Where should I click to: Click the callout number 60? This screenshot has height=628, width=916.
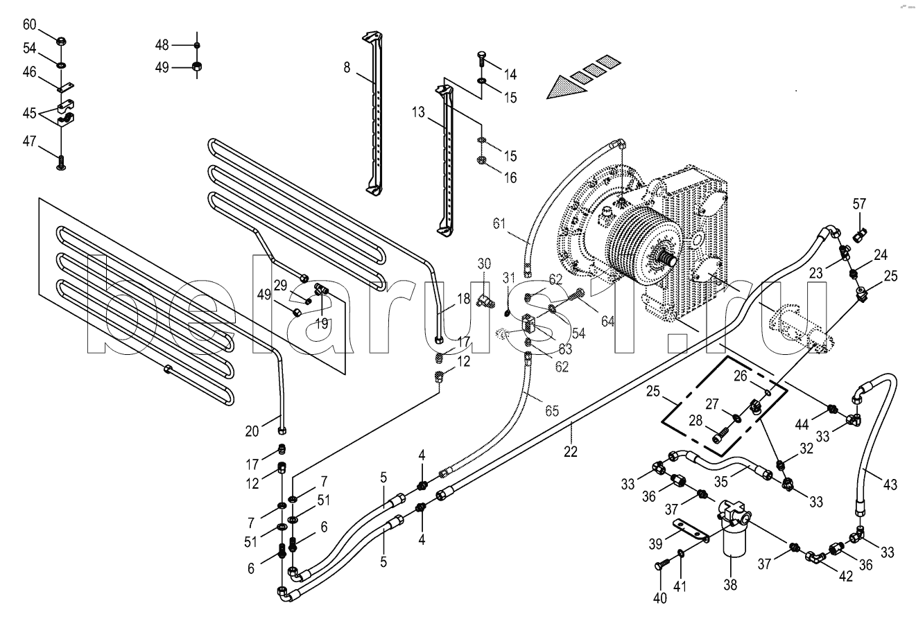pos(29,25)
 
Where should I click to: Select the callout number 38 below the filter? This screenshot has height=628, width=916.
pos(730,585)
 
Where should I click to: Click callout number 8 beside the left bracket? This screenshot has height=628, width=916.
pos(347,67)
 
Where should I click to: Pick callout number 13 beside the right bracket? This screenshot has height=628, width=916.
pos(418,112)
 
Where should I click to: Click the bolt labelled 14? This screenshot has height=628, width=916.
pos(481,60)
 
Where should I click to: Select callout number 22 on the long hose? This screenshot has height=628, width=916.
pos(571,451)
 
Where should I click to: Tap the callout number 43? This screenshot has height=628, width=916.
pos(890,485)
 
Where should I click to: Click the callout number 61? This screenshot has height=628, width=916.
pos(499,224)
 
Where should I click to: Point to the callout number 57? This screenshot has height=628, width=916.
pos(859,204)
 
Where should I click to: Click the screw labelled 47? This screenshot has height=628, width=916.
pos(61,162)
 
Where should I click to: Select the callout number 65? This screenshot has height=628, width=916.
pos(552,411)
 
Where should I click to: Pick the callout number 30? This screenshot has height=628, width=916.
pos(484,263)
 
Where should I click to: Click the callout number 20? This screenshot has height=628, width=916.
pos(252,431)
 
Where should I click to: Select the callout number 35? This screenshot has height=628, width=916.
pos(721,482)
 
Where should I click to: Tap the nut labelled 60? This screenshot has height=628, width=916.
pos(60,41)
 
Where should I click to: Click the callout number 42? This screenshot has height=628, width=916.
pos(846,576)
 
